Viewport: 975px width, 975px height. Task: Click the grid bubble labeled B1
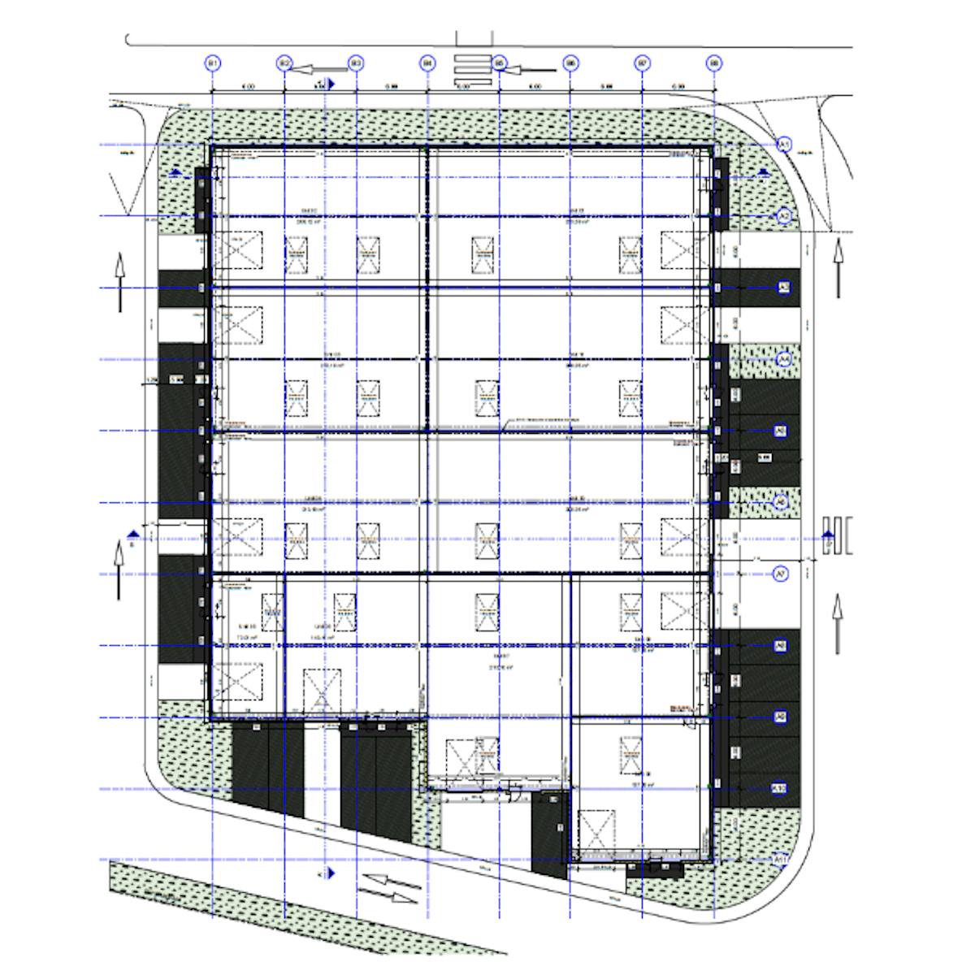[212, 63]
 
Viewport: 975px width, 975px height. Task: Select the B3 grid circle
[355, 63]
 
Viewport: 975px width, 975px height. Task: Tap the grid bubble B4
[427, 63]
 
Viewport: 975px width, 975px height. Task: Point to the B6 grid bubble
[571, 63]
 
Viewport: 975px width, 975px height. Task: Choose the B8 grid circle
[714, 63]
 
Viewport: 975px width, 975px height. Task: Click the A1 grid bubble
[784, 145]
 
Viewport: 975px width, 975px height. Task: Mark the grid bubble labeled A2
[784, 216]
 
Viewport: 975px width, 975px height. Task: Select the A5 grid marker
[782, 431]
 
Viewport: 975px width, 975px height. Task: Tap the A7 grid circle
[782, 574]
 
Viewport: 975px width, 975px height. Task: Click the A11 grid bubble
[782, 860]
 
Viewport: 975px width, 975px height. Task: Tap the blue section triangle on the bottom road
[331, 874]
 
